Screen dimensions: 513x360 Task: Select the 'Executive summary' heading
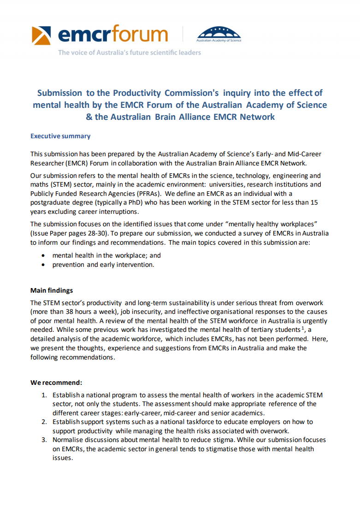[60, 136]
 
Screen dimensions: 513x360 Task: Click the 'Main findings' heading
[52, 290]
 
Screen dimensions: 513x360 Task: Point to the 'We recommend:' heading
[56, 383]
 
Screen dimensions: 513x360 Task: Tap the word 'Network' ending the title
[257, 117]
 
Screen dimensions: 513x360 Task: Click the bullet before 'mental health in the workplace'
[43, 255]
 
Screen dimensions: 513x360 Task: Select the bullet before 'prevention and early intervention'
[43, 265]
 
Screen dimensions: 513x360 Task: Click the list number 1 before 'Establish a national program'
[44, 395]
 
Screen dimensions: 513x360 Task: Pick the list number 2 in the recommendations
[44, 422]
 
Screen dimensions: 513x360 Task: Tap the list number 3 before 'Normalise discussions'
[44, 440]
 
